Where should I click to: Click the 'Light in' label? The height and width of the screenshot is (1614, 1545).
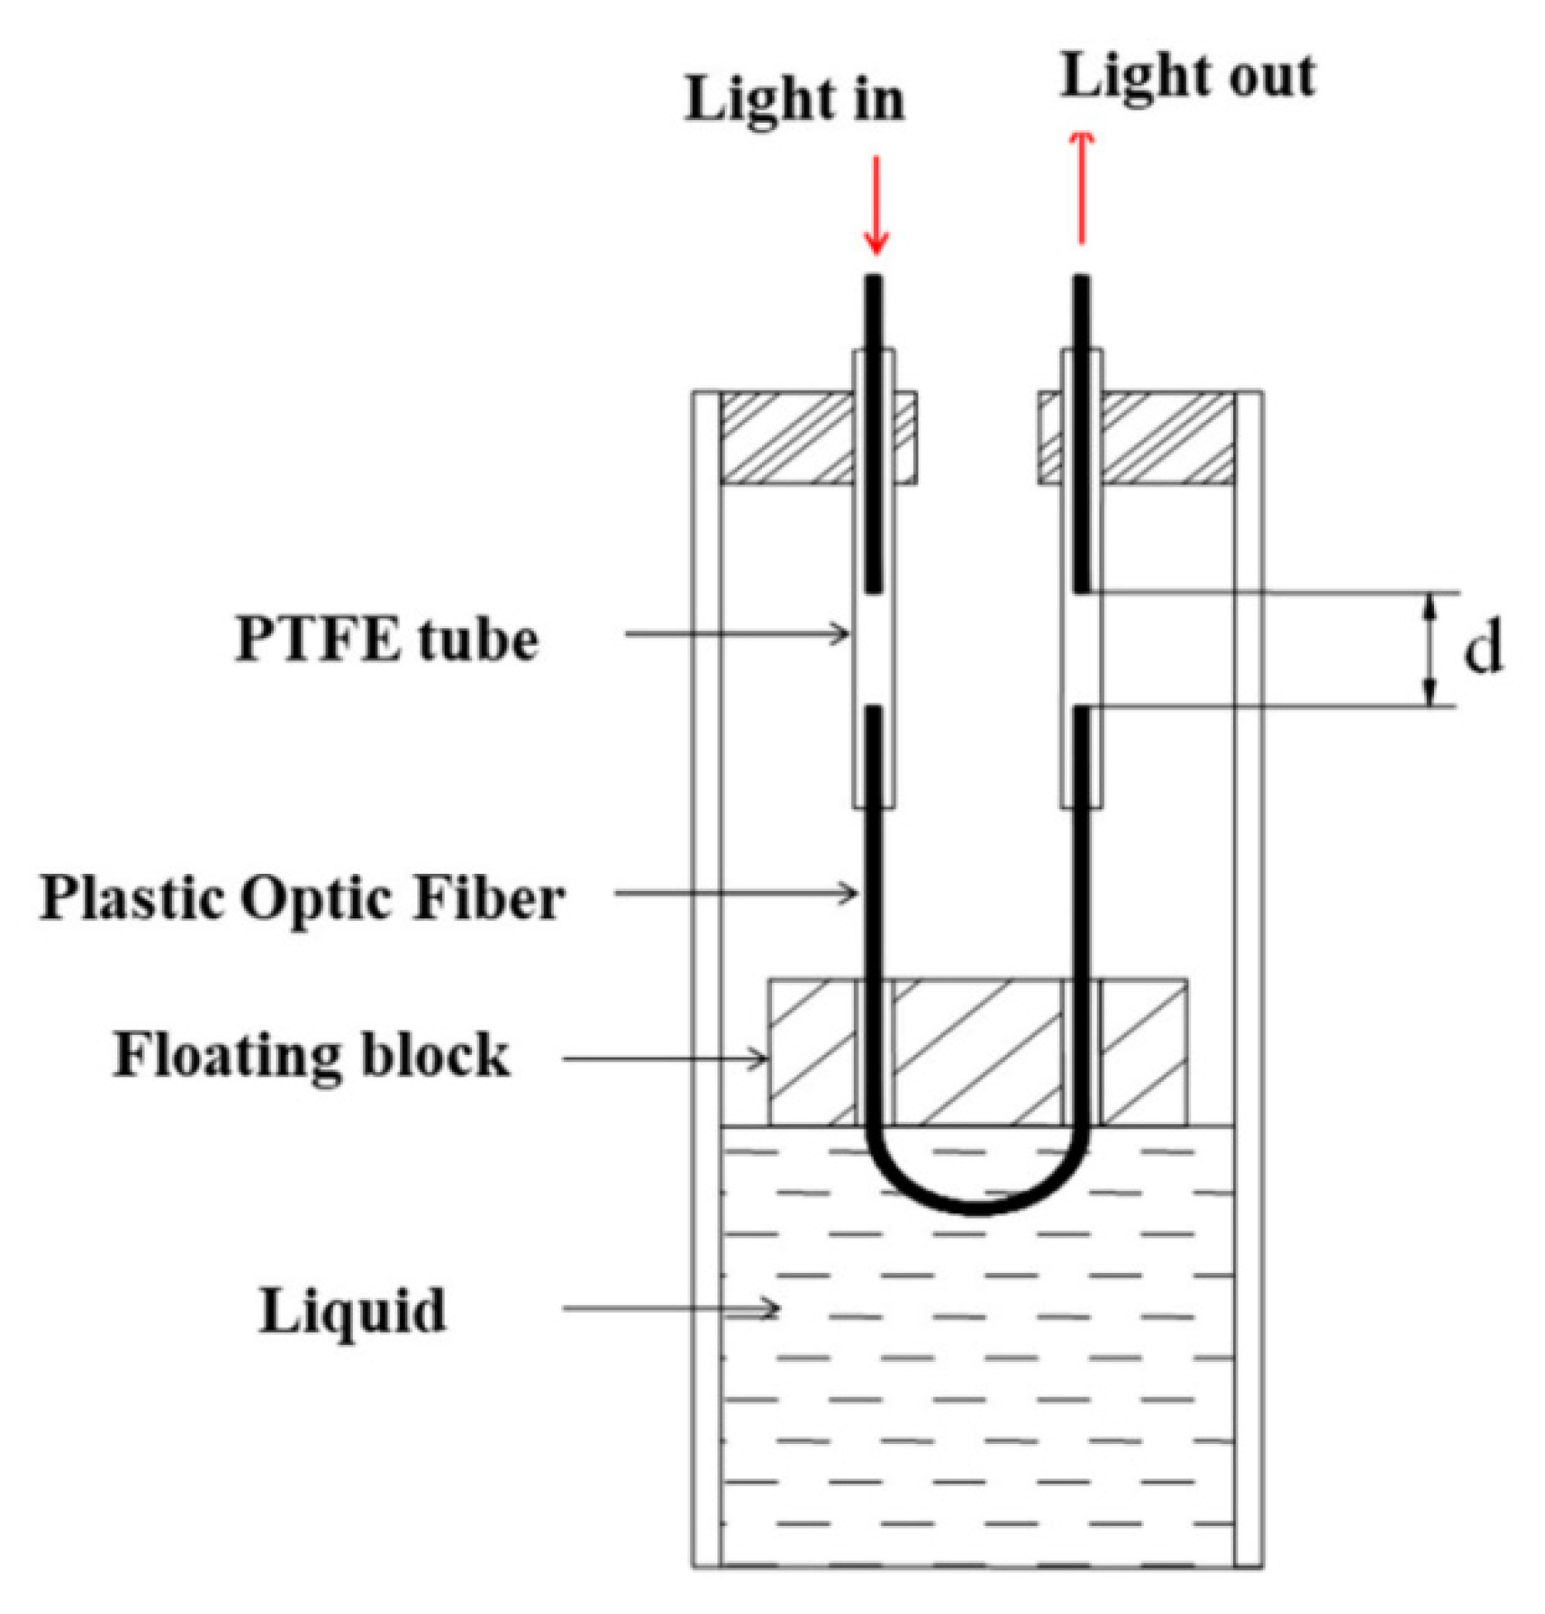794,99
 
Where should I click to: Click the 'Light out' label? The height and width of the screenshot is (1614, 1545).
1188,76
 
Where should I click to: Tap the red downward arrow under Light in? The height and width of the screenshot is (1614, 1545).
876,206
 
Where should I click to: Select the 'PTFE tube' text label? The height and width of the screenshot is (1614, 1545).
386,639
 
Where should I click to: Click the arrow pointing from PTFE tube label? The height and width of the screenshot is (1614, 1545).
737,634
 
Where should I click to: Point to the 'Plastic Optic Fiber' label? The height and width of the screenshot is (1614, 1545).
302,898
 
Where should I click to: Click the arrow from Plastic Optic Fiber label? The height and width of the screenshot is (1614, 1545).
737,893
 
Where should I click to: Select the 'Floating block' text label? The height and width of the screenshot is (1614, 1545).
311,1055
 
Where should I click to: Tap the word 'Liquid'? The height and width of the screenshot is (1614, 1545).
353,1311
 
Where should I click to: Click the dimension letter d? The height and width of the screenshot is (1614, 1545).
1482,649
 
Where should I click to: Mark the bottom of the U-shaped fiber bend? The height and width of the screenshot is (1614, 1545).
977,1208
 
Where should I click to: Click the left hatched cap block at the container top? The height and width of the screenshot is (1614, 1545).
788,438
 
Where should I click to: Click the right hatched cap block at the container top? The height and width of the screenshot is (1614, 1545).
1168,438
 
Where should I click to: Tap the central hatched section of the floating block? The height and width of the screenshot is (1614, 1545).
978,1053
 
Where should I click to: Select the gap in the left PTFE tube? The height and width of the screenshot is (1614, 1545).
873,649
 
